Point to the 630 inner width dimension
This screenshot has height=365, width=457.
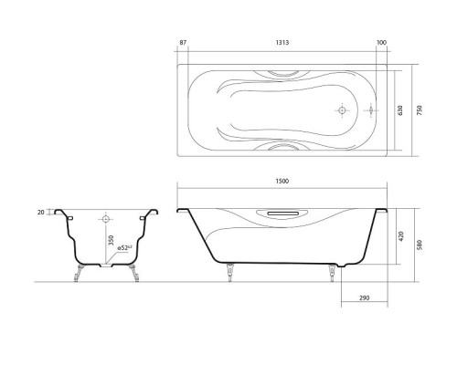click(x=399, y=109)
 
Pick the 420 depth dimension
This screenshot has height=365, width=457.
click(x=399, y=234)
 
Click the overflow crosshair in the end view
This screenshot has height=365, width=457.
click(x=106, y=220)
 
